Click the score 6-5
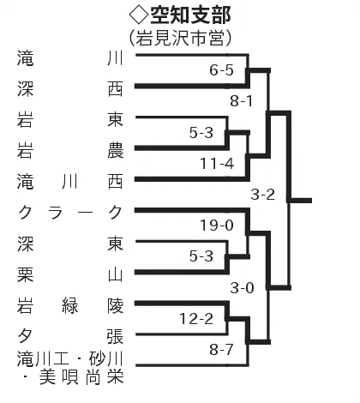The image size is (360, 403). [221, 70]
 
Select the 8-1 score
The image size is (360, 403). [242, 101]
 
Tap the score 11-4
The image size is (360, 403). [217, 164]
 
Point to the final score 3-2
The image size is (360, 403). [263, 195]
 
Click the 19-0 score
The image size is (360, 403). [217, 226]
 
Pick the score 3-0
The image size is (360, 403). [243, 288]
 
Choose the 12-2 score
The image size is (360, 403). [196, 319]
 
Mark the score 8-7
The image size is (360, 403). [221, 349]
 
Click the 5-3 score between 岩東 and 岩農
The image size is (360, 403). [201, 133]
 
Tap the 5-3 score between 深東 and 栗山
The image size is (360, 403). [201, 256]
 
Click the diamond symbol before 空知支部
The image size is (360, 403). [139, 15]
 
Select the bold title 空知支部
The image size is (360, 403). [190, 15]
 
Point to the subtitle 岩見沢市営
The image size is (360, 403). [180, 39]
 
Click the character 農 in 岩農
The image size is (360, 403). [116, 151]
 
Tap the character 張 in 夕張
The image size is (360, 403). [116, 336]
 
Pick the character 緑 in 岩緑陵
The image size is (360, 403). [70, 306]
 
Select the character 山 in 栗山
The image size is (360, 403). [116, 274]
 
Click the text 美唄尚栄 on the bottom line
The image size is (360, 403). [81, 377]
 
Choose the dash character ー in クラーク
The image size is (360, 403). [85, 213]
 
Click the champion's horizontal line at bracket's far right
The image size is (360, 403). [300, 201]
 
